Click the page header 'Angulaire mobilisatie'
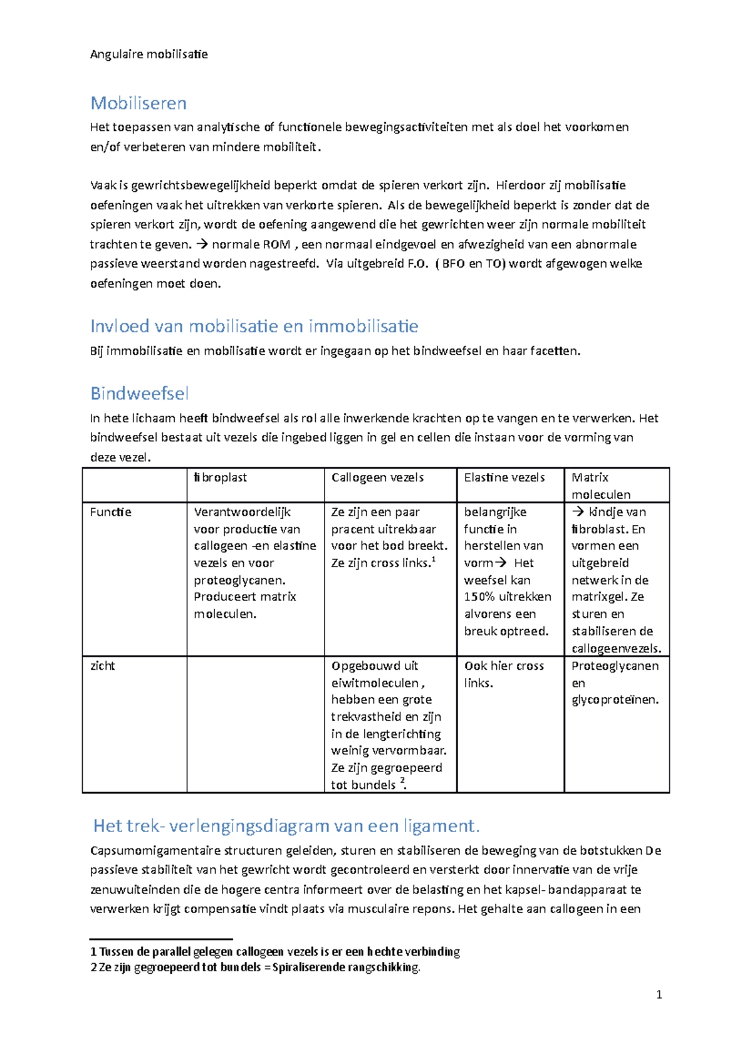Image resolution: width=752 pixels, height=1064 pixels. coord(149,54)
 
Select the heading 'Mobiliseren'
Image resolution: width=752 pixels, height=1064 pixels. coord(138,103)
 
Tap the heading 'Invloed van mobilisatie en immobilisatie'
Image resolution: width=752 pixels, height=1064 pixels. coord(254,326)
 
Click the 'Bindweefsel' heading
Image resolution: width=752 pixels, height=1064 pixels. coord(139,394)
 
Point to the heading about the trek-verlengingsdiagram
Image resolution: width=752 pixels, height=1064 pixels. coord(286,826)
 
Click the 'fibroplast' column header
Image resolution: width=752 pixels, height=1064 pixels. coord(221,477)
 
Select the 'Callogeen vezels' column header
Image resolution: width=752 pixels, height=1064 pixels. coord(377,477)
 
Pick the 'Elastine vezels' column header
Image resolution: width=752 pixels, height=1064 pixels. coord(504,477)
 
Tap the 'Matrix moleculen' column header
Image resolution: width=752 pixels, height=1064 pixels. coord(600,486)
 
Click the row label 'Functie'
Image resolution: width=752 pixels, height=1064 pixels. coord(110,512)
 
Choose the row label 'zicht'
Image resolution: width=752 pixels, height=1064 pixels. coord(103,665)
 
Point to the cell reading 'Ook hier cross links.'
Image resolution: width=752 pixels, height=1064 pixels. coord(504,674)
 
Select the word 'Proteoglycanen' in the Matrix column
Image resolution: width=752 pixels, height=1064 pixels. coord(615,665)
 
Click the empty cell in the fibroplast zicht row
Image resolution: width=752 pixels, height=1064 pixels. coord(255,724)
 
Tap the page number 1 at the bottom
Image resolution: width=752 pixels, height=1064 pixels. coord(659,994)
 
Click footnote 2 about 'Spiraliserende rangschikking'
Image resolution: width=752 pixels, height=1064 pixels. coord(256,968)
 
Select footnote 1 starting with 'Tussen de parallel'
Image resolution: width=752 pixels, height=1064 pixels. coord(276,952)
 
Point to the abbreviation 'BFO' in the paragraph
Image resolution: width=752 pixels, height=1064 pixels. coord(453,264)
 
